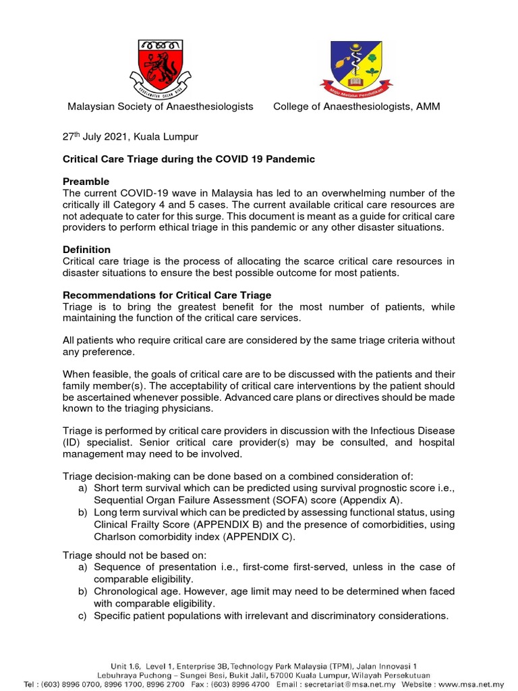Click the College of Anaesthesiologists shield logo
click(x=355, y=67)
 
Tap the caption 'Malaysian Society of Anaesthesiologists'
click(x=160, y=107)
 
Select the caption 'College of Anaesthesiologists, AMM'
click(x=356, y=107)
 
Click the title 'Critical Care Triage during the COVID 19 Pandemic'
click(x=189, y=159)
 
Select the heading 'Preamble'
click(x=86, y=182)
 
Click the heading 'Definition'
click(x=86, y=250)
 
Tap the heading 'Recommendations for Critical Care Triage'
click(x=167, y=296)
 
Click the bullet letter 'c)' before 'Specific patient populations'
click(x=84, y=616)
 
